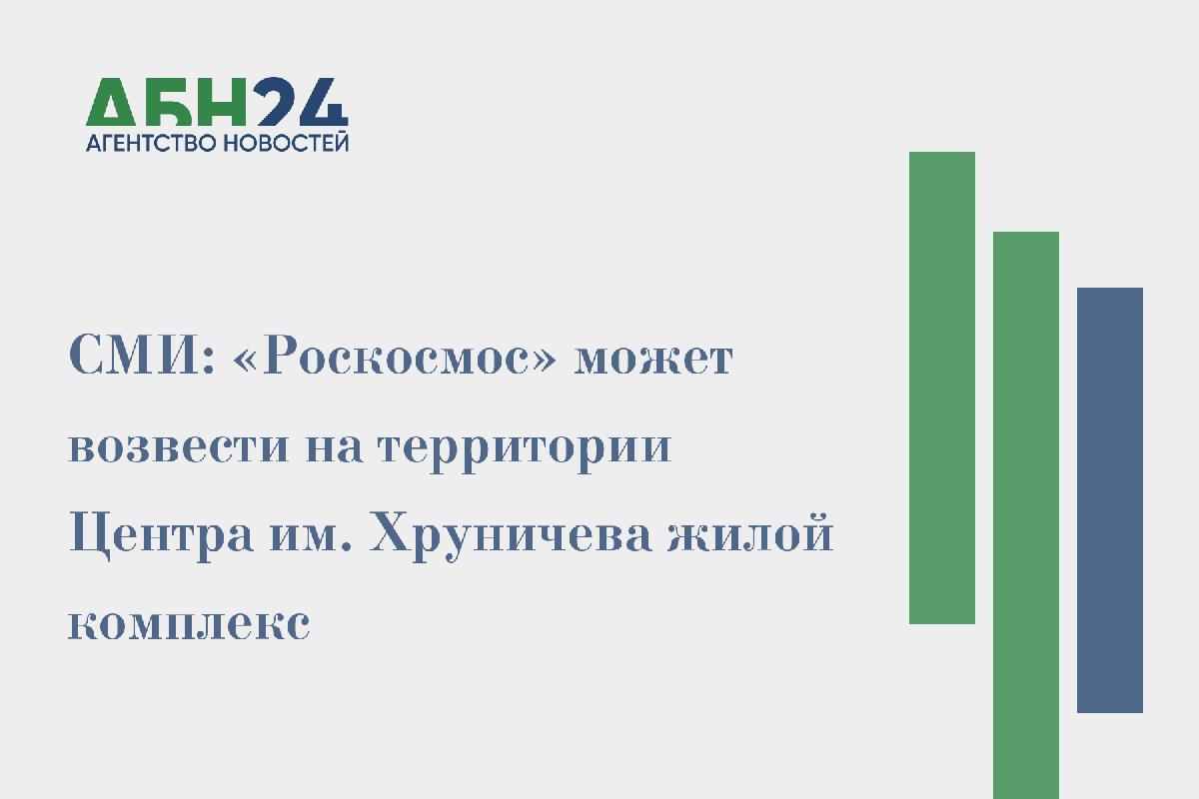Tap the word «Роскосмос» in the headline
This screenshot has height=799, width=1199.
point(395,355)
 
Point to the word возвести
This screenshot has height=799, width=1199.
point(179,446)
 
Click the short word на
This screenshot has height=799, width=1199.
point(334,446)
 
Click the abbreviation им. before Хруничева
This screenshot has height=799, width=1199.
point(311,536)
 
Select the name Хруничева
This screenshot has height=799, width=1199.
point(511,536)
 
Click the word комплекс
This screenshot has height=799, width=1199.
point(190,624)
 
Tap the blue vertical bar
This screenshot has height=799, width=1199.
point(1110,499)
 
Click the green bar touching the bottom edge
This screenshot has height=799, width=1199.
point(1026,515)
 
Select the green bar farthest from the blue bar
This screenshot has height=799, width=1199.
point(942,388)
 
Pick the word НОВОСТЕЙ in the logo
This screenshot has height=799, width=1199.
point(286,143)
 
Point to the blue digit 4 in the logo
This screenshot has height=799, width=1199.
point(323,101)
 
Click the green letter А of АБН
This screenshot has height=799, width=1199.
point(111,102)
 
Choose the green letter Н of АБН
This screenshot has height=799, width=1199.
point(222,102)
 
